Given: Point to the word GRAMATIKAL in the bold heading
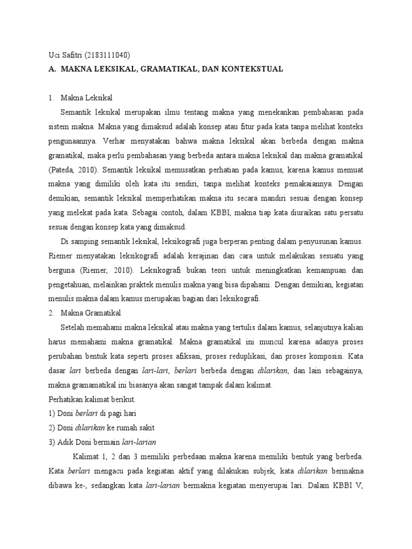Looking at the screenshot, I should point(161,69).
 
